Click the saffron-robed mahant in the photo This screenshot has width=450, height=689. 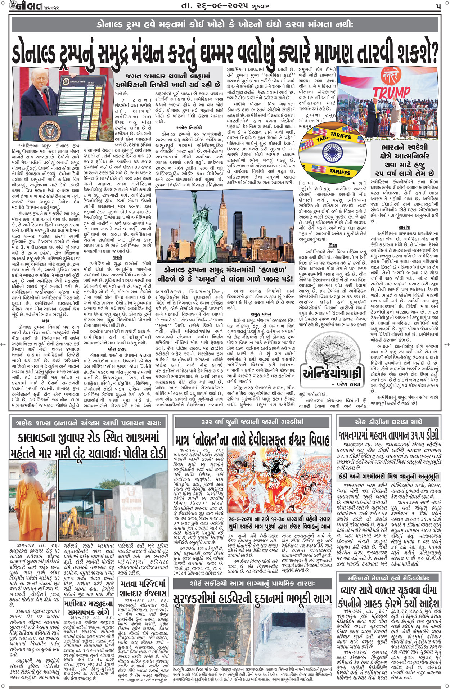[x=29, y=497]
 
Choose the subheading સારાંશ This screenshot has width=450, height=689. [x=405, y=228]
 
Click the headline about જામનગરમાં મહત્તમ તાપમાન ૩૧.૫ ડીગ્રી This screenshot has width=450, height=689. [x=389, y=435]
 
